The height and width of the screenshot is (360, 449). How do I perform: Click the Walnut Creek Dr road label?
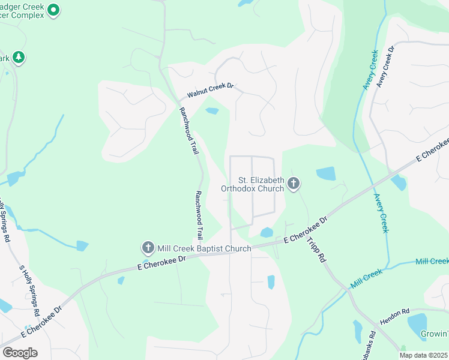point(209,91)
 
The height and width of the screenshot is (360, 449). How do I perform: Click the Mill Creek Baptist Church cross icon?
point(148,247)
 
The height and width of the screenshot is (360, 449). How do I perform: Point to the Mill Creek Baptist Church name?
point(204,248)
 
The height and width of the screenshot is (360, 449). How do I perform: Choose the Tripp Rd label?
point(316,248)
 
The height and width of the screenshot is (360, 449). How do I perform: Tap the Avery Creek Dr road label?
point(385,66)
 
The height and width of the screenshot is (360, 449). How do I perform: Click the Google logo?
point(20,353)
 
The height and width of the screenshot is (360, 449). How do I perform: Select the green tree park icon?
point(18,58)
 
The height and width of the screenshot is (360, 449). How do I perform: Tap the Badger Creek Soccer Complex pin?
point(53,10)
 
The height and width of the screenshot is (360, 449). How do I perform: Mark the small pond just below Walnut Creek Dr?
point(212,110)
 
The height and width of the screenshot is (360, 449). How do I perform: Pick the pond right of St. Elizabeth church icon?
point(326,173)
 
